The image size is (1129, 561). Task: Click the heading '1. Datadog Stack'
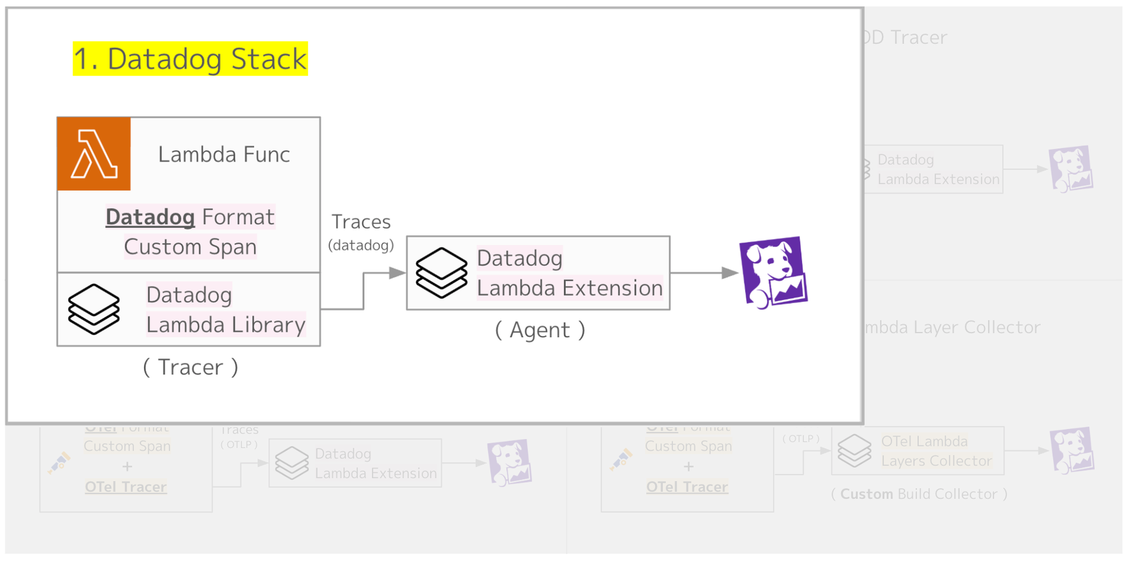tap(190, 59)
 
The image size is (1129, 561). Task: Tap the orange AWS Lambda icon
tap(94, 154)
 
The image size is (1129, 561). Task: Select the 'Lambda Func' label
tap(224, 155)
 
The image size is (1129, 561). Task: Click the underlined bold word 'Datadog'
tap(150, 217)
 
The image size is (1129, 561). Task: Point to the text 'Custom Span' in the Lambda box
tap(190, 247)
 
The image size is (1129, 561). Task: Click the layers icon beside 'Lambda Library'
tap(94, 309)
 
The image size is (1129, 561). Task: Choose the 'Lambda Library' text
tap(226, 325)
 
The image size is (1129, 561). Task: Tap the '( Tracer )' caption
tap(191, 368)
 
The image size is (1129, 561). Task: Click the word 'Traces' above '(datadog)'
tap(361, 222)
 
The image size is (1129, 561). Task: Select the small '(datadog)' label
tap(361, 245)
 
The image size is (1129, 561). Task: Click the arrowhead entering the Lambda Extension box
tap(398, 273)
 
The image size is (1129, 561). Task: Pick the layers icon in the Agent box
tap(441, 273)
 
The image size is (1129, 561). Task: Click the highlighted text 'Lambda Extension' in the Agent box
tap(570, 288)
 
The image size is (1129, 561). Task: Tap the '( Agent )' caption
tap(540, 330)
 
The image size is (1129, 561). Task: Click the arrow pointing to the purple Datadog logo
tap(730, 273)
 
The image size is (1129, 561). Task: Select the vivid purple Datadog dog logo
tap(773, 273)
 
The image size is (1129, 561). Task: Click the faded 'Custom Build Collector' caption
tap(919, 494)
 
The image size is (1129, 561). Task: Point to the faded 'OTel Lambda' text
tap(924, 442)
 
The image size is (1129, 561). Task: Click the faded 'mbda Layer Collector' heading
tap(951, 327)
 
